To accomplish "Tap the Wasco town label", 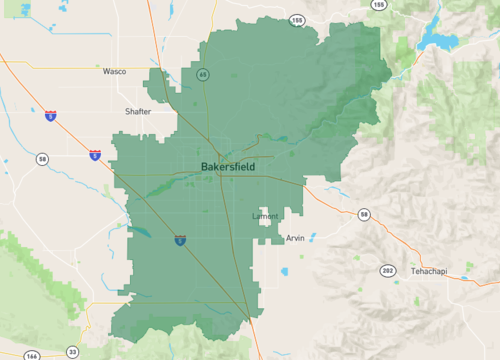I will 114,72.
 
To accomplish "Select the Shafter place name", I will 138,111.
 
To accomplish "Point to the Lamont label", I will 265,216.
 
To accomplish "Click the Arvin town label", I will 295,238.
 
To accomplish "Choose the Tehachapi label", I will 431,272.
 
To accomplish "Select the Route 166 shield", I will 32,355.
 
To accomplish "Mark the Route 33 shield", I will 72,352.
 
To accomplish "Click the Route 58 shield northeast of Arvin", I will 364,214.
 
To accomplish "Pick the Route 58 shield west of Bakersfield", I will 42,159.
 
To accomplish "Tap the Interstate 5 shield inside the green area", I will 179,240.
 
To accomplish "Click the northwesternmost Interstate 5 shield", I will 50,116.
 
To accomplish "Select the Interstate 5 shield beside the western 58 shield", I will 94,155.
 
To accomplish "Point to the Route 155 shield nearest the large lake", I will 378,5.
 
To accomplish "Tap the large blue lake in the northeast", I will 440,38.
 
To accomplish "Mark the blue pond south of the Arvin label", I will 285,271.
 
